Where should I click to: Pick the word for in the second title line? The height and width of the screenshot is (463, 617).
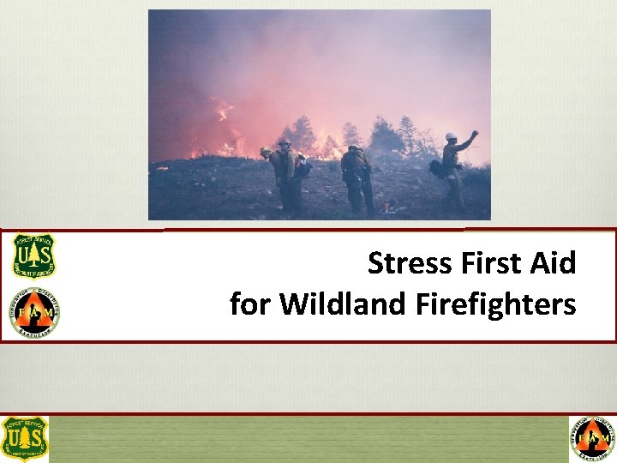(x=250, y=304)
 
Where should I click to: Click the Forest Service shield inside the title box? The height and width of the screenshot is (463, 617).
(x=33, y=256)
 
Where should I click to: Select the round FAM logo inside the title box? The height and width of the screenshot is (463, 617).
(x=35, y=312)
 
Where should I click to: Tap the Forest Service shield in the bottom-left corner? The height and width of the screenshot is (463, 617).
(x=25, y=438)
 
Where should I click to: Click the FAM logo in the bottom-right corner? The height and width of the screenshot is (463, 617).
(x=592, y=438)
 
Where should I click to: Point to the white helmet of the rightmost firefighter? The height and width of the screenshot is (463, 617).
(x=451, y=136)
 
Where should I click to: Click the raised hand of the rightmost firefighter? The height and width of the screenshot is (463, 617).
(x=474, y=134)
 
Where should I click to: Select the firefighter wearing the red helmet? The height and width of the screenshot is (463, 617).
(x=288, y=176)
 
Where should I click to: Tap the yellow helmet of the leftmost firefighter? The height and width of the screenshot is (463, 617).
(x=266, y=151)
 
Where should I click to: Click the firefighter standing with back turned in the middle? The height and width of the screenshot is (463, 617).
(x=356, y=178)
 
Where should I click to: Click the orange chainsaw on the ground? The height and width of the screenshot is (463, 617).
(x=390, y=206)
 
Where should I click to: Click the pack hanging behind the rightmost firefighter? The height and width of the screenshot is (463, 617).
(x=437, y=169)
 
